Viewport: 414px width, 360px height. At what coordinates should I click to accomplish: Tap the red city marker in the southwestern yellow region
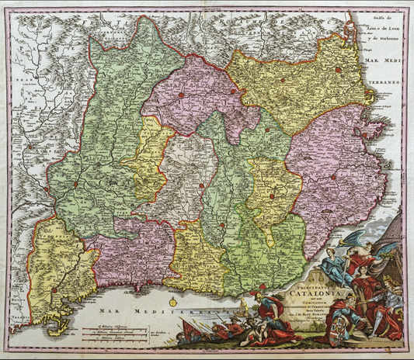[54, 291]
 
